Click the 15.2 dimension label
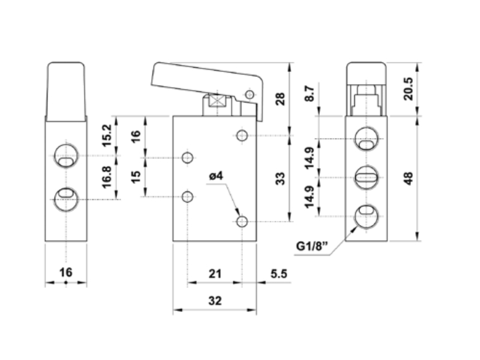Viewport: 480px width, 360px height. [x=107, y=136]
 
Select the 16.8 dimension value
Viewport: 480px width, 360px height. [x=107, y=177]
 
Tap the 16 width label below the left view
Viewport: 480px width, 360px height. [x=66, y=272]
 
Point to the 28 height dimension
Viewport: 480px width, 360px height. [x=280, y=98]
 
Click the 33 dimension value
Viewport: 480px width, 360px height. [x=280, y=178]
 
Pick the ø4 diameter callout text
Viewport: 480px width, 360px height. [x=216, y=176]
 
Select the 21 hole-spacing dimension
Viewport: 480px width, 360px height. [x=215, y=274]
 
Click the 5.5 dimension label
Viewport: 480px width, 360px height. [x=279, y=274]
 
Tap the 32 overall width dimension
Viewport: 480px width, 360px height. [x=215, y=301]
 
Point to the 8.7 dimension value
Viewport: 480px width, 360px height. [x=310, y=94]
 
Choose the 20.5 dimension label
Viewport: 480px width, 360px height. [x=409, y=89]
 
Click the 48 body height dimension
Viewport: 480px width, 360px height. [x=409, y=178]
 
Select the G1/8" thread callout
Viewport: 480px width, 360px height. [x=312, y=246]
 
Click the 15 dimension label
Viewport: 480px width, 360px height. [x=136, y=176]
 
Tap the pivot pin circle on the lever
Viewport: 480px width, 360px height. [x=250, y=94]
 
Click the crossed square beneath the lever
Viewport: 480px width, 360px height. [x=217, y=101]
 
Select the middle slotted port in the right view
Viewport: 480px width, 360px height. [x=367, y=177]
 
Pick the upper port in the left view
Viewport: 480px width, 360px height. [x=66, y=155]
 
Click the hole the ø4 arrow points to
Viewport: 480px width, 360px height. [x=242, y=221]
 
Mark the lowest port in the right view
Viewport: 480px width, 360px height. [x=367, y=216]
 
